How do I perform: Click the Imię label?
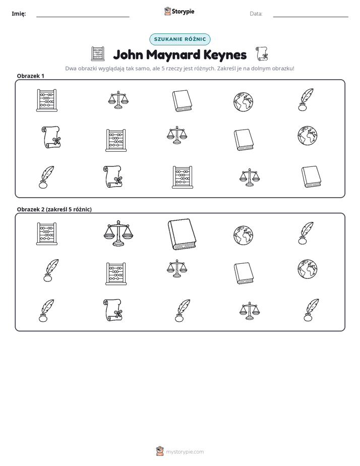tap(19, 14)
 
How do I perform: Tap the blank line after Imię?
tap(83, 17)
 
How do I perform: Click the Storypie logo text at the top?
tap(183, 12)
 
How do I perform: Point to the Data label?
tap(256, 14)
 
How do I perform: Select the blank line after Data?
tap(311, 17)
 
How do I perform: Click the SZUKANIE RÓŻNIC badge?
tap(180, 39)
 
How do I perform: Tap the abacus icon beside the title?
tap(98, 54)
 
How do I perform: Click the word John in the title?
tap(128, 54)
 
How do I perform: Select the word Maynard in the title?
tap(173, 54)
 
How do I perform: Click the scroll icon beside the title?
tap(262, 54)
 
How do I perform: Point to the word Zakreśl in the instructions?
tap(226, 69)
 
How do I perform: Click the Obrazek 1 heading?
tap(31, 76)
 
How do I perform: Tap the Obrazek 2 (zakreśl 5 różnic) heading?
tap(54, 209)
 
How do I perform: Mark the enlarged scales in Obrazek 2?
tap(118, 234)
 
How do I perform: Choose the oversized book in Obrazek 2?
tap(182, 235)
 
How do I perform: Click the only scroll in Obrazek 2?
tap(113, 310)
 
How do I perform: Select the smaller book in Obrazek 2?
tap(244, 273)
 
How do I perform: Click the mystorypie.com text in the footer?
tap(185, 452)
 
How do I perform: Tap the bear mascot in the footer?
tap(160, 451)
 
